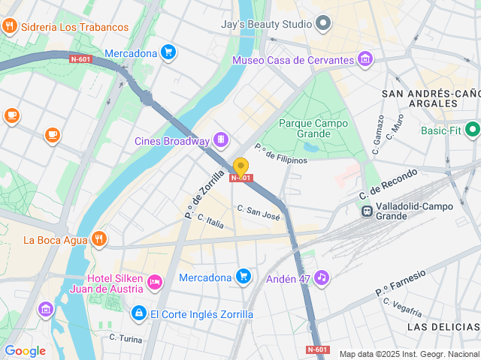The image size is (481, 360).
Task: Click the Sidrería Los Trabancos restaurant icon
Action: point(10,27)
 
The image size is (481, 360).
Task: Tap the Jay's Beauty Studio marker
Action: point(324,23)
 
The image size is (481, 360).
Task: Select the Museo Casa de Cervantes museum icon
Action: point(365,59)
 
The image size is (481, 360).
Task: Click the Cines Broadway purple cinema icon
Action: point(221,139)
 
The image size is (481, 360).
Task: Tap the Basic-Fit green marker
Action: point(473,130)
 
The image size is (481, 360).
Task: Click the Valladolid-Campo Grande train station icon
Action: point(368,211)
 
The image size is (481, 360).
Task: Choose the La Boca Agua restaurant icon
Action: point(98,240)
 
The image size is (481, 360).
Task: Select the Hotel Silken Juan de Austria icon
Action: point(155,283)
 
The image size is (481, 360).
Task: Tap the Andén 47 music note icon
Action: point(322,278)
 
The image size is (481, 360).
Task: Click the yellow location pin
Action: point(240,166)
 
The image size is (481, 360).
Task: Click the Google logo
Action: point(25,351)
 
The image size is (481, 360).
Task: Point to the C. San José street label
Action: point(259,212)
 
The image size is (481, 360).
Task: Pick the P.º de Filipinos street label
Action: point(281,154)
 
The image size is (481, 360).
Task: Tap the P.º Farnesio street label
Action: point(401,282)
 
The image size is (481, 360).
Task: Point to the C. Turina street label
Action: point(126,339)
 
